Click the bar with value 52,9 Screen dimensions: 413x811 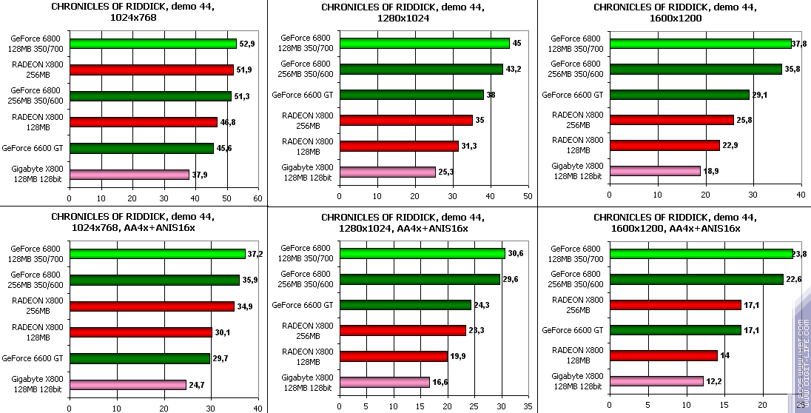pyautogui.click(x=152, y=44)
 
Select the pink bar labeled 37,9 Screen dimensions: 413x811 pyautogui.click(x=129, y=175)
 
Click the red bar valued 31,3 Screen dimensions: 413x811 pyautogui.click(x=399, y=146)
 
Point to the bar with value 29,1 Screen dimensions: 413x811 pyautogui.click(x=679, y=95)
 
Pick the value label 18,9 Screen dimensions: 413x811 pyautogui.click(x=710, y=171)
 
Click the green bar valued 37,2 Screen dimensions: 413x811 pyautogui.click(x=157, y=254)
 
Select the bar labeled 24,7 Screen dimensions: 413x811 pyautogui.click(x=127, y=384)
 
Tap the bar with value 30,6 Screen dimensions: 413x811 pyautogui.click(x=422, y=253)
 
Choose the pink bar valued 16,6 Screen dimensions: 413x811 pyautogui.click(x=384, y=382)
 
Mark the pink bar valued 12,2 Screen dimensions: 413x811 pyautogui.click(x=656, y=381)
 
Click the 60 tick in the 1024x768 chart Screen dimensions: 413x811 pyautogui.click(x=258, y=198)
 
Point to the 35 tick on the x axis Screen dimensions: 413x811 pyautogui.click(x=528, y=406)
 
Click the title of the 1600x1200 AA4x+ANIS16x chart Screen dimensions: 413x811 pyautogui.click(x=674, y=223)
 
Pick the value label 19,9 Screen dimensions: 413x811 pyautogui.click(x=457, y=357)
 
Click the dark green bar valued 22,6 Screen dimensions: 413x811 pyautogui.click(x=696, y=279)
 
